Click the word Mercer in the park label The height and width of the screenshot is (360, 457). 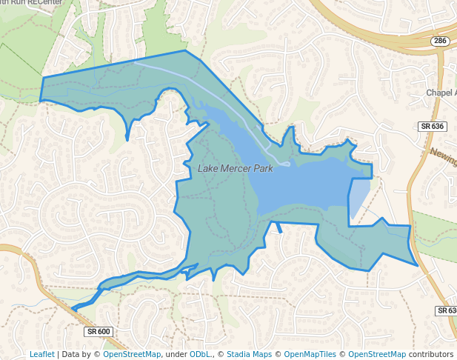coord(233,169)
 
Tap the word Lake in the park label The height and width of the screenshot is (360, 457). coord(207,169)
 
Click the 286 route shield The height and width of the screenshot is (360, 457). coord(440,41)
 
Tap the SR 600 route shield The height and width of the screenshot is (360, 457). coord(98,331)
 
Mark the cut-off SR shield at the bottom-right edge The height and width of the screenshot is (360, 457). coord(447,310)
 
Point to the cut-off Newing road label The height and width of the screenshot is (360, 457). coord(443,157)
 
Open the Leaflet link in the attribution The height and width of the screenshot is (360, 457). coord(41,355)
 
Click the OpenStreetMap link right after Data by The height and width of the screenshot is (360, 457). coord(132,355)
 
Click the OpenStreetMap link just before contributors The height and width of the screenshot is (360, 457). coord(377,355)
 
